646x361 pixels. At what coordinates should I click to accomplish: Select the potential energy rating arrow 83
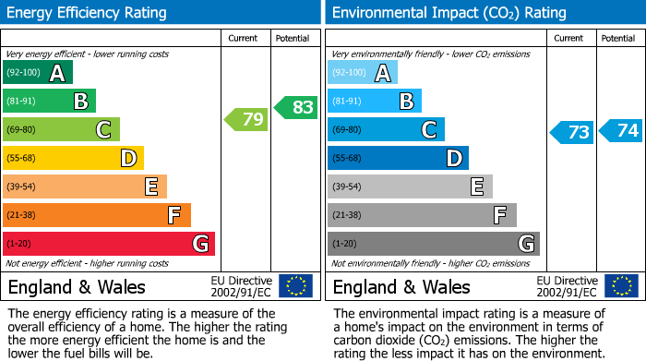pyautogui.click(x=295, y=107)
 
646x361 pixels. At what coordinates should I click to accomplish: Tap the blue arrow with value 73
pyautogui.click(x=571, y=132)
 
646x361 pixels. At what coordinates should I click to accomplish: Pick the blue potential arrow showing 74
pyautogui.click(x=621, y=130)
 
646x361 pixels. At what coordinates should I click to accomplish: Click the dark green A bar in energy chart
pyautogui.click(x=38, y=73)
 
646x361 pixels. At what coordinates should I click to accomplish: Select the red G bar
pyautogui.click(x=109, y=244)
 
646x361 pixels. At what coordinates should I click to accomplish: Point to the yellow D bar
pyautogui.click(x=73, y=159)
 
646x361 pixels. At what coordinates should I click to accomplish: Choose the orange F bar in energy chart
pyautogui.click(x=97, y=215)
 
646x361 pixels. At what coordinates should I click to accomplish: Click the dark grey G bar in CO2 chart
pyautogui.click(x=433, y=244)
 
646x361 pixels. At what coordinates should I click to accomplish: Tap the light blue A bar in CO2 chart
pyautogui.click(x=363, y=73)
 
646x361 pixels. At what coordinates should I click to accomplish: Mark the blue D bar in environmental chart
pyautogui.click(x=398, y=159)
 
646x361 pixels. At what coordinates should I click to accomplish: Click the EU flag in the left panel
pyautogui.click(x=295, y=285)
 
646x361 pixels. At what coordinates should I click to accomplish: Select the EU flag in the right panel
pyautogui.click(x=621, y=285)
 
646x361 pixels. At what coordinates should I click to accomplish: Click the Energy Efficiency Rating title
pyautogui.click(x=88, y=13)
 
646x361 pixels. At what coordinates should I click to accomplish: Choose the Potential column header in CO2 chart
pyautogui.click(x=617, y=38)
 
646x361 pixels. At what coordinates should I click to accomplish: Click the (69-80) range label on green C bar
pyautogui.click(x=23, y=130)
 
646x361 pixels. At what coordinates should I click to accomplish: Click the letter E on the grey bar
pyautogui.click(x=477, y=187)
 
